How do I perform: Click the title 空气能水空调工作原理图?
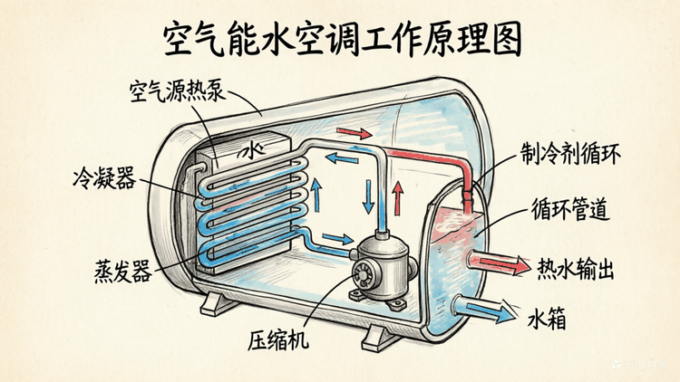pos(342,40)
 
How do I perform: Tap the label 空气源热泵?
pos(178,91)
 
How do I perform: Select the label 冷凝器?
pos(104,177)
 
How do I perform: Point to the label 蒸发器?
pos(123,272)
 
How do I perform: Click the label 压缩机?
pos(278,339)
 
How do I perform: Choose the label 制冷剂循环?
pos(570,153)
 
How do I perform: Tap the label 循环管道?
pos(570,209)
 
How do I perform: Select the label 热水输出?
pos(576,269)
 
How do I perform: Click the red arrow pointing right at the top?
pos(354,132)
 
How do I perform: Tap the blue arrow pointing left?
pos(342,158)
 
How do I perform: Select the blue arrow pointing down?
pos(369,196)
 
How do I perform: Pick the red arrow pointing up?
pos(398,199)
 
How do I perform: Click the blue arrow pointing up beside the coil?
pos(316,196)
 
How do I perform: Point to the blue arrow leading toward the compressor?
pos(338,238)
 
